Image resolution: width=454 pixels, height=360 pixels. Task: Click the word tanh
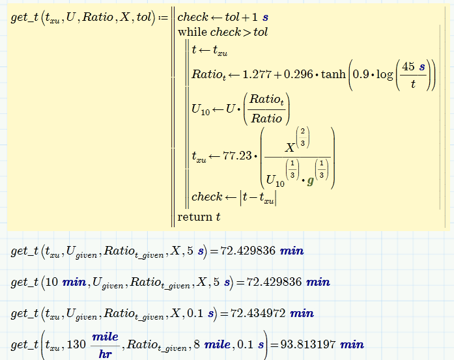pos(333,74)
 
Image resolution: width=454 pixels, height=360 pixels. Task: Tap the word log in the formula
pos(384,75)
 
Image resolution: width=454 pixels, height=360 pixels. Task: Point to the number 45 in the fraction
pos(408,66)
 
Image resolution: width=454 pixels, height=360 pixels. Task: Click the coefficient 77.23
pos(237,156)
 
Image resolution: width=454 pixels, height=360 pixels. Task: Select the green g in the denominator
pos(311,182)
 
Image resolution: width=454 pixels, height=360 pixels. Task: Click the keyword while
pos(192,32)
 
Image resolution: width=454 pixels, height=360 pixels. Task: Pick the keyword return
pos(195,217)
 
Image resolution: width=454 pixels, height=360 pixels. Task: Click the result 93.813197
pos(308,344)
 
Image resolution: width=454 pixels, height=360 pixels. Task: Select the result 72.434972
pos(258,313)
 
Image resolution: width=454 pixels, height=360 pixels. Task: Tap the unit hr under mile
pos(105,353)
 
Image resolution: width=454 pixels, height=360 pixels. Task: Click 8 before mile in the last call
pos(197,344)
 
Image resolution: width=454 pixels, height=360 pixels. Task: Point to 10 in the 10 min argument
pos(52,282)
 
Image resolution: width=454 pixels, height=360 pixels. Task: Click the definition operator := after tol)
pos(163,18)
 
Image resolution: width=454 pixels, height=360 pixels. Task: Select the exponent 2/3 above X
pos(303,137)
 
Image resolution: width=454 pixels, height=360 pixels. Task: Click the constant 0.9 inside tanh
pos(360,74)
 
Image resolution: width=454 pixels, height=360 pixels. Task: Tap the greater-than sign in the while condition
pos(247,33)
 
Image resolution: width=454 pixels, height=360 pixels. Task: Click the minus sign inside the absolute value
pos(254,197)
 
